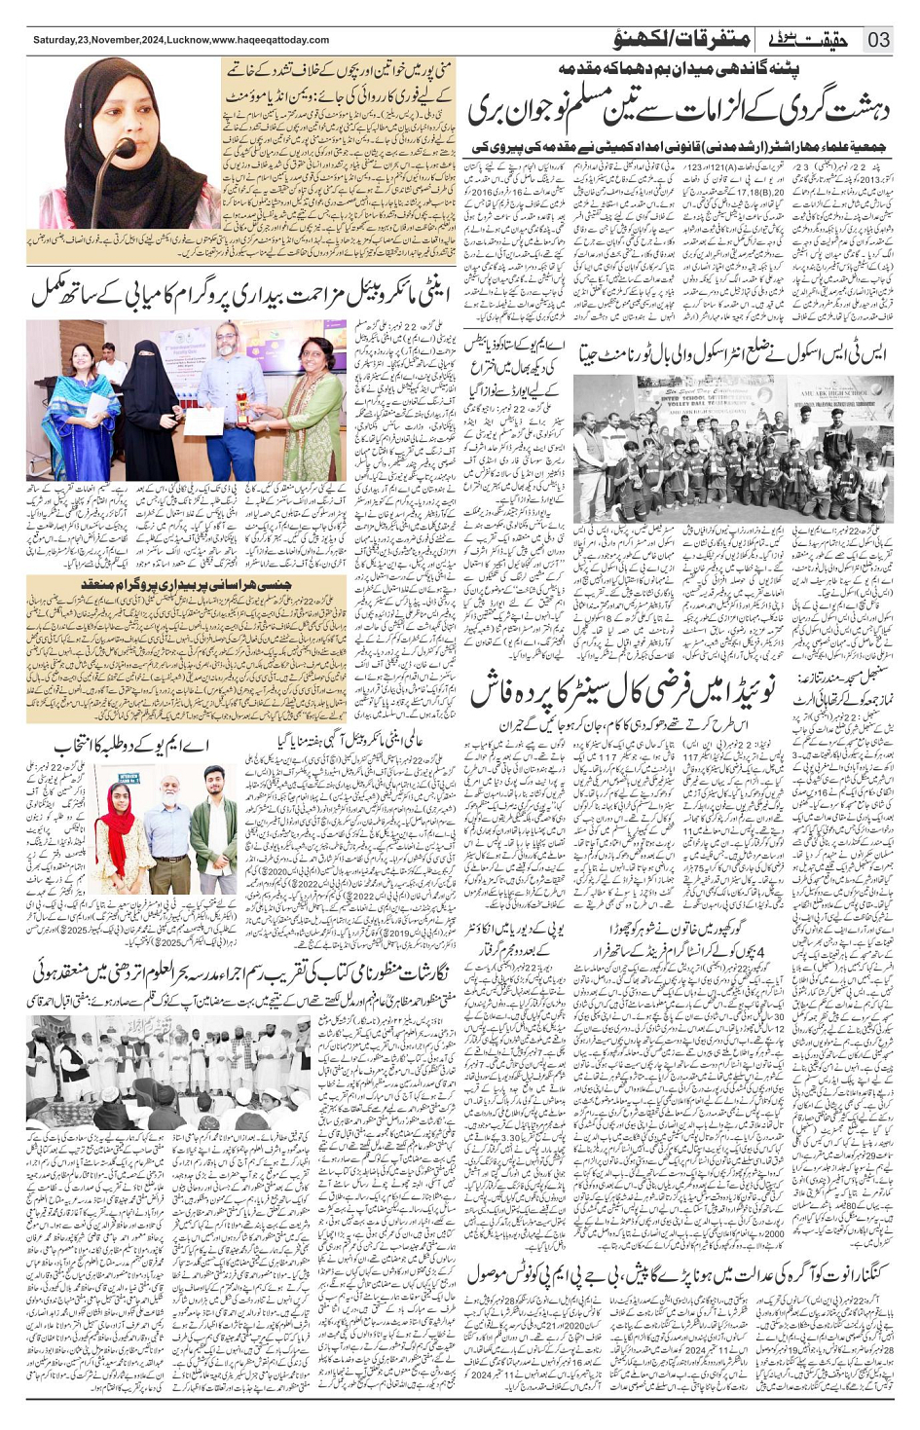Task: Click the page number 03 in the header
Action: click(878, 40)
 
